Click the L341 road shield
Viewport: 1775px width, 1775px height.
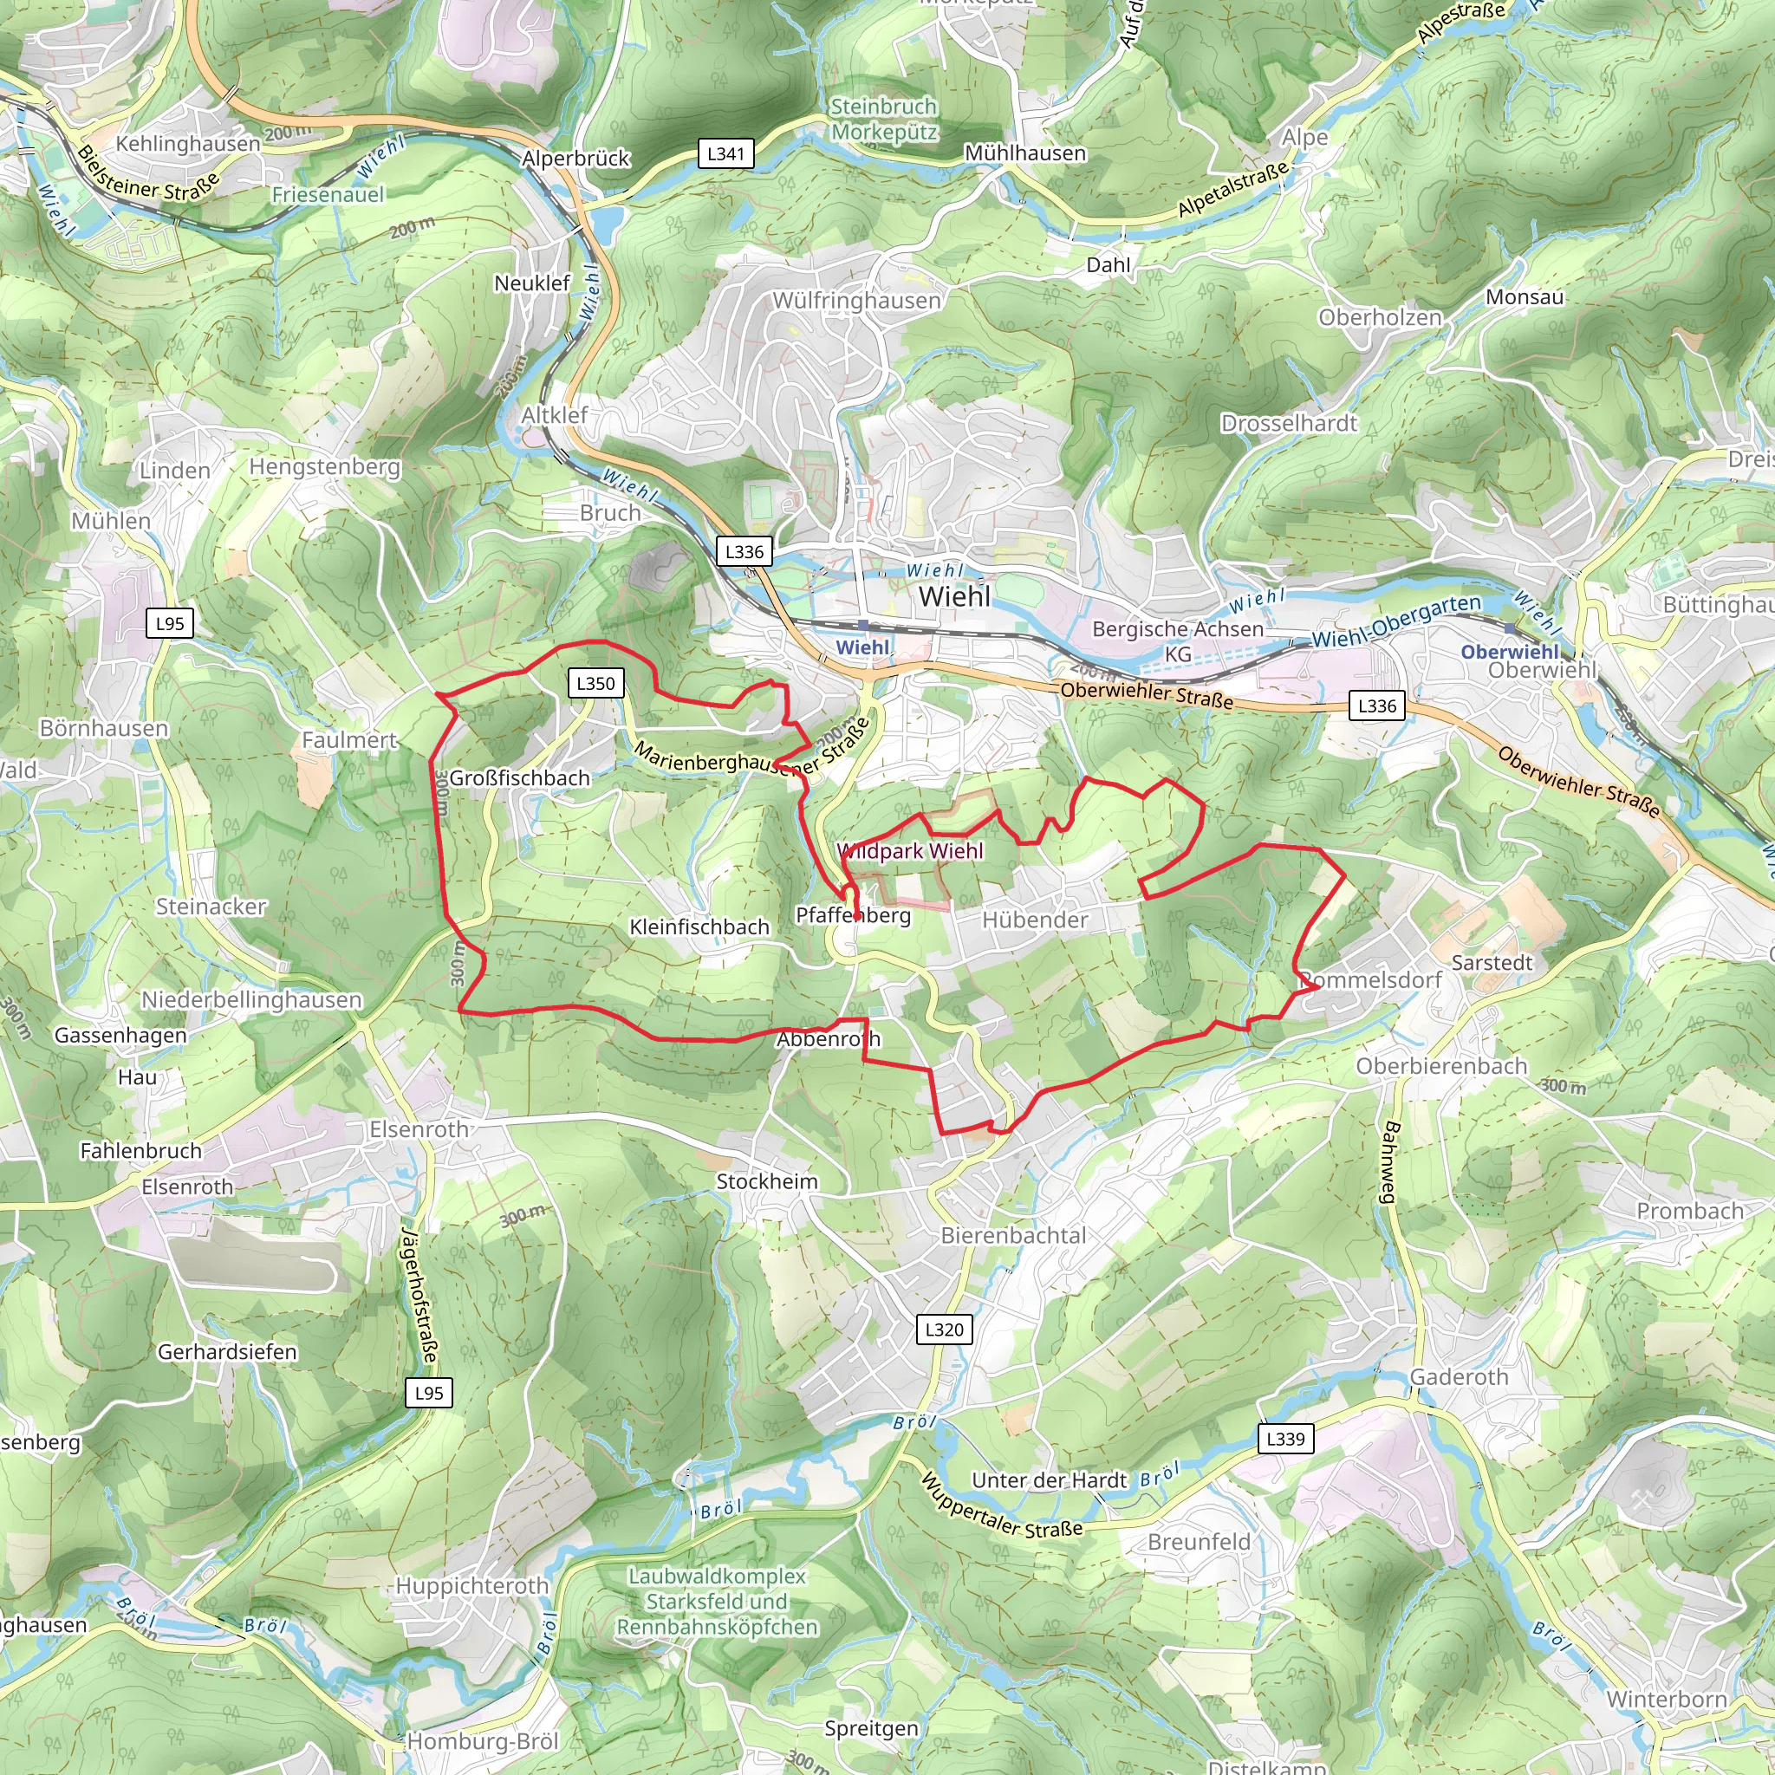tap(725, 153)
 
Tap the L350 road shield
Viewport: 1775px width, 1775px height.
tap(595, 683)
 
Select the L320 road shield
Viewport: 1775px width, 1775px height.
tap(944, 1329)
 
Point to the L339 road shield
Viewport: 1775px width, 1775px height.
tap(1284, 1438)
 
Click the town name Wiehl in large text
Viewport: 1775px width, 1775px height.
tap(954, 596)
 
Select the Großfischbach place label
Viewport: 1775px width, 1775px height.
tap(519, 778)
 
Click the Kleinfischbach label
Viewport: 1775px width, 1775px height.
tap(699, 927)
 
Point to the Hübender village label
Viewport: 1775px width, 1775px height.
tap(1035, 920)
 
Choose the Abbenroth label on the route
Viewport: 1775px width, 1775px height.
tap(828, 1039)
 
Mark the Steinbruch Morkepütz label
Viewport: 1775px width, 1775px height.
tap(883, 120)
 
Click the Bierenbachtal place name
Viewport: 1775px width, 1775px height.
tap(1012, 1236)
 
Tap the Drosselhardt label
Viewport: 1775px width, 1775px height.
tap(1288, 424)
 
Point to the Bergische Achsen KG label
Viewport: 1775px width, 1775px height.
tap(1177, 640)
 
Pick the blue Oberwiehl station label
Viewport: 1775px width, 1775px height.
tap(1510, 652)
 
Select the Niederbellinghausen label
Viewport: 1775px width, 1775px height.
tap(250, 999)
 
